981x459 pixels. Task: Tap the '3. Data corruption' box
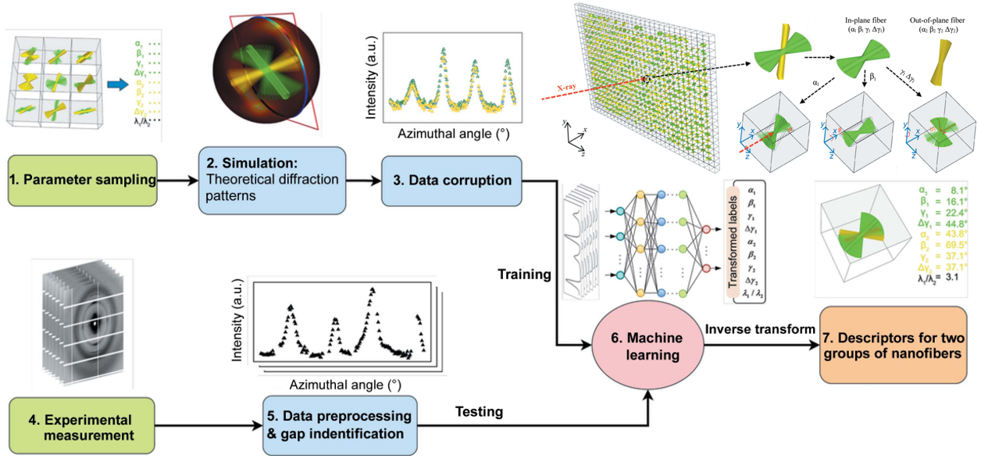pos(451,181)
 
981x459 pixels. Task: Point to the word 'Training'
pos(525,274)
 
